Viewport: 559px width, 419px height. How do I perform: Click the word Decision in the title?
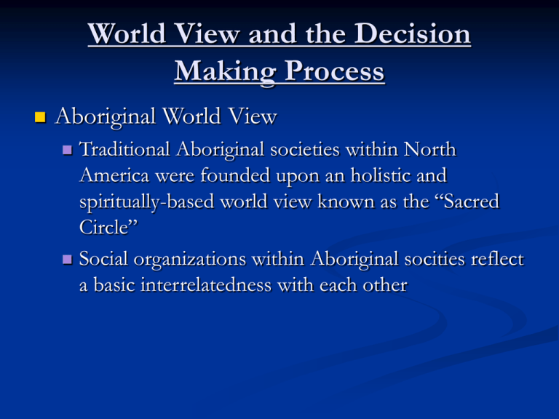(413, 33)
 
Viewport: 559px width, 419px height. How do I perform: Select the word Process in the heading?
(334, 71)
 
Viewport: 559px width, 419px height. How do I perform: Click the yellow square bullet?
(40, 117)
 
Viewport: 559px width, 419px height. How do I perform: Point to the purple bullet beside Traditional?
(67, 150)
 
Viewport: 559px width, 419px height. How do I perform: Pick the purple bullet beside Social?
(67, 259)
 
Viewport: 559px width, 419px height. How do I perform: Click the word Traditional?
(124, 149)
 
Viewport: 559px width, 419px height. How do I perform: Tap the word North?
(429, 149)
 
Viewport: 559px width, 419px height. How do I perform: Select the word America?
(114, 175)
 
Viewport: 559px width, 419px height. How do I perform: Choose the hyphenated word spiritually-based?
(146, 202)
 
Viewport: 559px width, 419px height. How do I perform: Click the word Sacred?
(471, 201)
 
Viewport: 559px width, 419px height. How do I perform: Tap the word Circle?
(104, 227)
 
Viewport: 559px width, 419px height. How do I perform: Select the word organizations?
(190, 260)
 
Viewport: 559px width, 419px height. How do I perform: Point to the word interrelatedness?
(206, 285)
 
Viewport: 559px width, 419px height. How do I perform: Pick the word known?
(345, 201)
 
